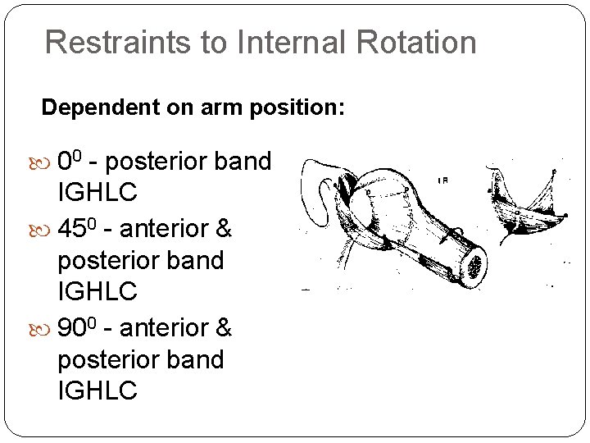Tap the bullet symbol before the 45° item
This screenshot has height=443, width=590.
pos(47,230)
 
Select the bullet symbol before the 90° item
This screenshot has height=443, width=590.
pos(47,329)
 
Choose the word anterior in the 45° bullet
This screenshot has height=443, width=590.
pos(164,230)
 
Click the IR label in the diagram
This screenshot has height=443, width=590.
pos(443,180)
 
